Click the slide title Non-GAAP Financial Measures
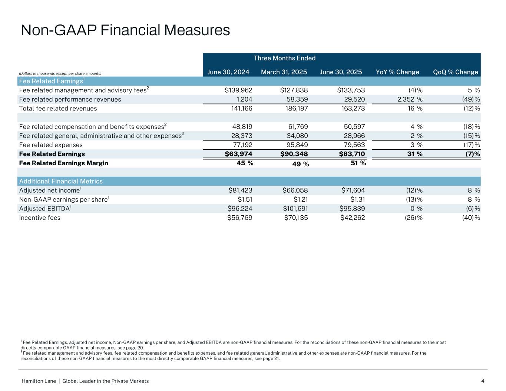tap(125, 30)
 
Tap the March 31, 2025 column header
tap(284, 72)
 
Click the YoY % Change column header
tap(397, 72)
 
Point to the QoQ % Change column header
tap(456, 72)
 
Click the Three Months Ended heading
tap(284, 58)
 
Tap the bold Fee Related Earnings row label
tap(52, 154)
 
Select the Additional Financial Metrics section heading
tap(61, 181)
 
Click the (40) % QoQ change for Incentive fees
tap(470, 218)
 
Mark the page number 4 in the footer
tap(483, 381)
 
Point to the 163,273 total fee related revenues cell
tap(354, 109)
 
